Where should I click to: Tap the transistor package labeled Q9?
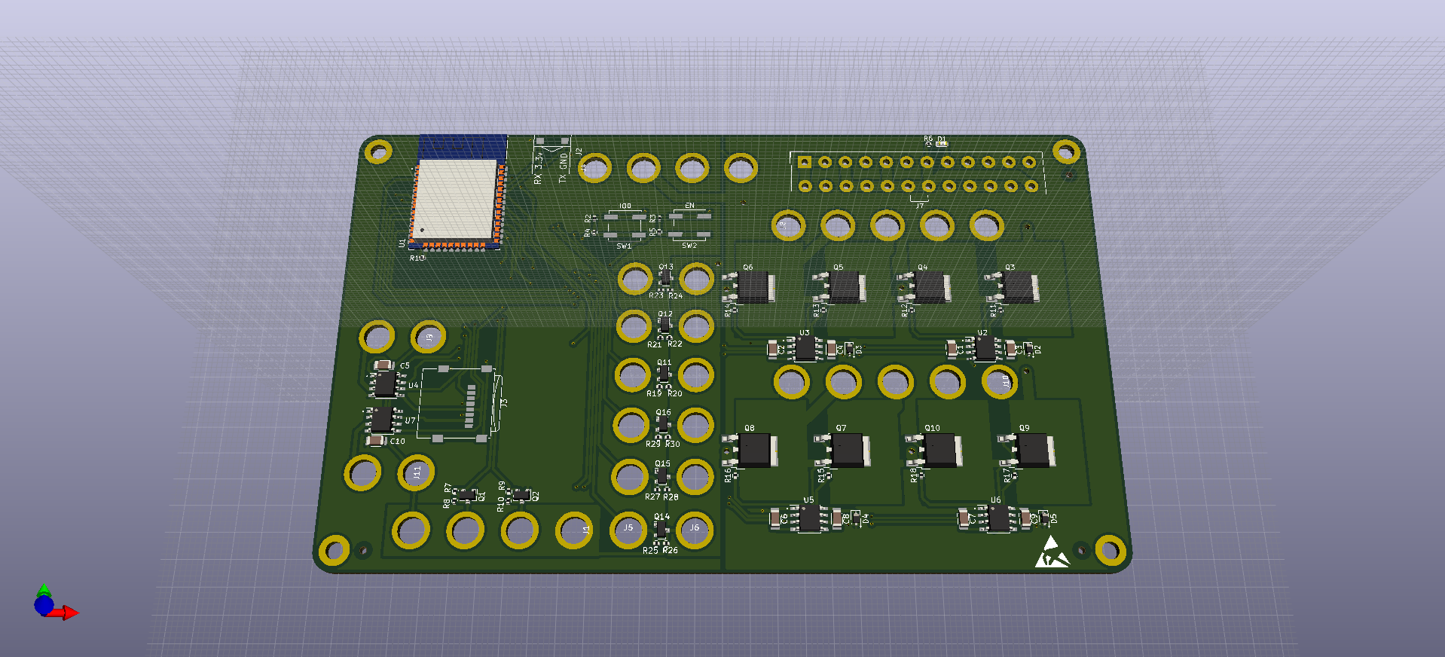pyautogui.click(x=1034, y=451)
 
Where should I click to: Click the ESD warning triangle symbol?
pyautogui.click(x=1051, y=554)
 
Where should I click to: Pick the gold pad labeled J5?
pyautogui.click(x=628, y=529)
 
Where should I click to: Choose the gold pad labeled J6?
pyautogui.click(x=695, y=529)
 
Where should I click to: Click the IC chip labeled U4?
pyautogui.click(x=385, y=384)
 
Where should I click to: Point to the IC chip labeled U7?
pyautogui.click(x=381, y=420)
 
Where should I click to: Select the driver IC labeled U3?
pyautogui.click(x=805, y=348)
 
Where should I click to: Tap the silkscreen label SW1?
pyautogui.click(x=624, y=246)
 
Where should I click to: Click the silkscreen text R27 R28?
pyautogui.click(x=661, y=497)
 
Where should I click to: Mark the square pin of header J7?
pyautogui.click(x=804, y=162)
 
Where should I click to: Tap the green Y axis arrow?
pyautogui.click(x=44, y=589)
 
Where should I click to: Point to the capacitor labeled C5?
pyautogui.click(x=384, y=365)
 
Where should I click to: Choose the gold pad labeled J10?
pyautogui.click(x=1000, y=381)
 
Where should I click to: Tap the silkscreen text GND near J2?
pyautogui.click(x=564, y=160)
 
